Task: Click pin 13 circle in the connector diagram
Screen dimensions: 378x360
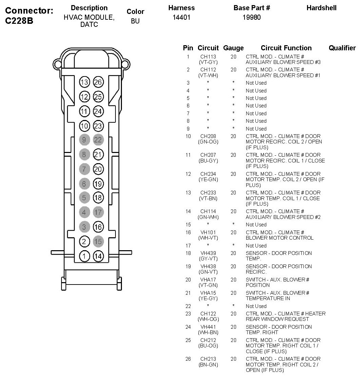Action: point(84,82)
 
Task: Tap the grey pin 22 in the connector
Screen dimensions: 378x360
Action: point(98,140)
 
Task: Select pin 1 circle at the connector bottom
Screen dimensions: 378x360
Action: point(84,256)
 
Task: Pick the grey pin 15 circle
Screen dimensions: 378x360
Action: point(98,241)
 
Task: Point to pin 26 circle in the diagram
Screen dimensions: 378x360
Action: point(98,82)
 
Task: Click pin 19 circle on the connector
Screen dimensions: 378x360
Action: point(98,184)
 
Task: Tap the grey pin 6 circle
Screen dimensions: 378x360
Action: point(84,184)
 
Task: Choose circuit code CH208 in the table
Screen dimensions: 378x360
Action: point(208,136)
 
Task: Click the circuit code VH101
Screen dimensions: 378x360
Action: point(208,233)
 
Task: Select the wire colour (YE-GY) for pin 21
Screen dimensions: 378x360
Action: point(208,298)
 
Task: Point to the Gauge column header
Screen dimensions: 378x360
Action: point(233,48)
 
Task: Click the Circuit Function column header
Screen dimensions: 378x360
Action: point(286,48)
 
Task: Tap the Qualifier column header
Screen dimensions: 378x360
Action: point(342,48)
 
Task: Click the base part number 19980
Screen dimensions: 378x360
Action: point(252,17)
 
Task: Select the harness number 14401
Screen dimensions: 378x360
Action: point(181,17)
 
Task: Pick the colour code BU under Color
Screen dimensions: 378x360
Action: point(135,21)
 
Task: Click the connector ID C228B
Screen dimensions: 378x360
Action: point(19,21)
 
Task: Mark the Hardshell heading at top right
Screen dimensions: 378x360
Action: point(321,8)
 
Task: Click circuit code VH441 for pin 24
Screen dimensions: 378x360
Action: point(208,327)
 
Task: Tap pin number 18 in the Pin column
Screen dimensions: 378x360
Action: point(188,253)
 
